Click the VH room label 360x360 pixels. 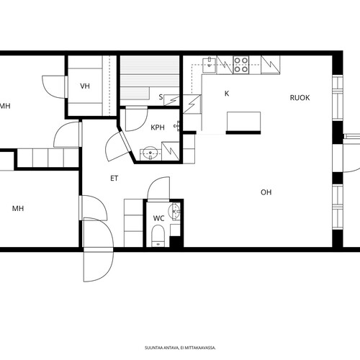coord(85,86)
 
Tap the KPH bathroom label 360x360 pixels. coord(158,127)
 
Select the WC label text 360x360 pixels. coord(158,218)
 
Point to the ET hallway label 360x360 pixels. coord(114,179)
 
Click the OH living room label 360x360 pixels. coord(266,192)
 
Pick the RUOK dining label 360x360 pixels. coord(300,98)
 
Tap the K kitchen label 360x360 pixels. coord(227,94)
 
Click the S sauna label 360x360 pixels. coord(161,97)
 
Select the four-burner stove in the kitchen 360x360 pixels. coord(241,65)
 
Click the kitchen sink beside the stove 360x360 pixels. coord(210,65)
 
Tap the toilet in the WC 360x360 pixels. coord(158,235)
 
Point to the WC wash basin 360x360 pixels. coord(174,212)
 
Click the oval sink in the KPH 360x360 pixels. coord(150,153)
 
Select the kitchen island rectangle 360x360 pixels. coord(243,122)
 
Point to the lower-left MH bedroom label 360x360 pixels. coord(18,208)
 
